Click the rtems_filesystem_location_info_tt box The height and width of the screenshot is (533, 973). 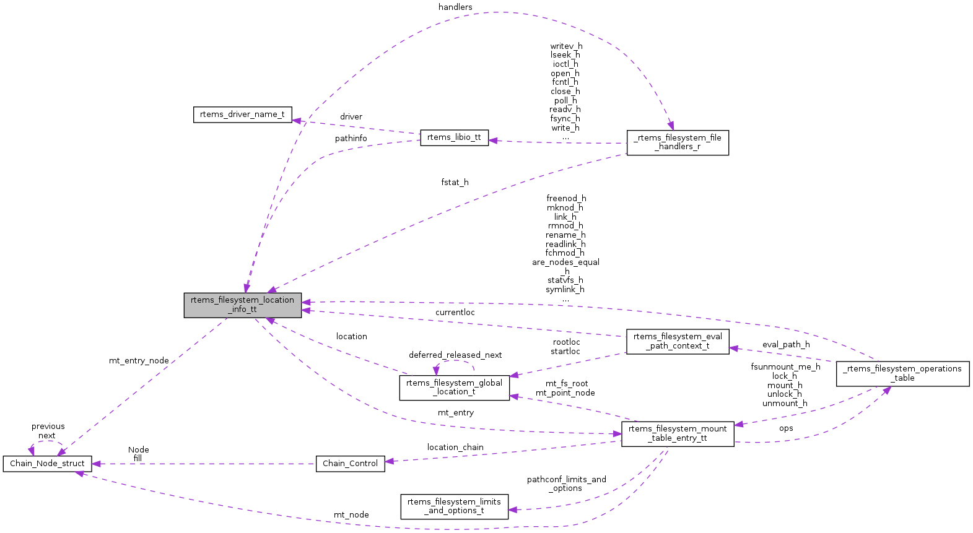pyautogui.click(x=242, y=305)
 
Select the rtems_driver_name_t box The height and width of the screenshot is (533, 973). pyautogui.click(x=242, y=115)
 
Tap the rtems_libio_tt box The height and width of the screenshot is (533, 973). pyautogui.click(x=454, y=137)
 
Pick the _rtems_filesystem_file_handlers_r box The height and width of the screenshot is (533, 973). pyautogui.click(x=678, y=142)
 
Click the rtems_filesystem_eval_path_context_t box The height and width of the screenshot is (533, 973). pyautogui.click(x=678, y=342)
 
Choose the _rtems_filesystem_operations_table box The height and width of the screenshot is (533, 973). pyautogui.click(x=902, y=373)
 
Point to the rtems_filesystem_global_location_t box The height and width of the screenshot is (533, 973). pyautogui.click(x=454, y=388)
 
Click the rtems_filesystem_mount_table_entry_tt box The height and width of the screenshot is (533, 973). pyautogui.click(x=678, y=433)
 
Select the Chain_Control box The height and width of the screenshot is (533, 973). pyautogui.click(x=350, y=464)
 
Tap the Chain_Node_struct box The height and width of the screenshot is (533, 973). pyautogui.click(x=47, y=464)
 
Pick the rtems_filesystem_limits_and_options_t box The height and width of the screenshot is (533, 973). pyautogui.click(x=454, y=506)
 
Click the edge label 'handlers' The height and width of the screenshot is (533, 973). pyautogui.click(x=455, y=7)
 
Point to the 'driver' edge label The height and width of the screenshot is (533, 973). pyautogui.click(x=351, y=117)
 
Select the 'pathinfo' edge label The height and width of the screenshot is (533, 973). pyautogui.click(x=351, y=139)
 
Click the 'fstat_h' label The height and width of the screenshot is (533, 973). pyautogui.click(x=455, y=183)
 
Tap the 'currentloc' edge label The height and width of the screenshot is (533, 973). pyautogui.click(x=455, y=313)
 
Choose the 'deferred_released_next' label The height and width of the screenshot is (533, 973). pyautogui.click(x=455, y=355)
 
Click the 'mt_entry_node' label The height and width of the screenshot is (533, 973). pyautogui.click(x=139, y=361)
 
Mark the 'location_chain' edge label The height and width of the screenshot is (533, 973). pyautogui.click(x=455, y=448)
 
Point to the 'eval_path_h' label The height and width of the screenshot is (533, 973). pyautogui.click(x=786, y=345)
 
